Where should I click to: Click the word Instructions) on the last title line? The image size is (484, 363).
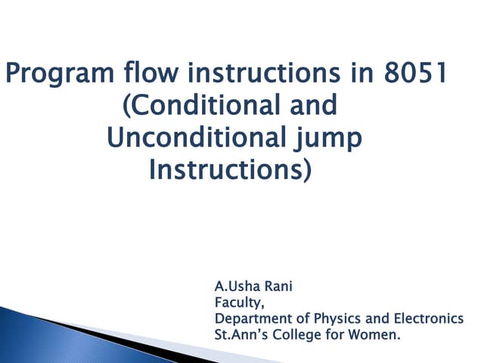pyautogui.click(x=231, y=170)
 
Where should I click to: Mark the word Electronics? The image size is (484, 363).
pyautogui.click(x=429, y=319)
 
